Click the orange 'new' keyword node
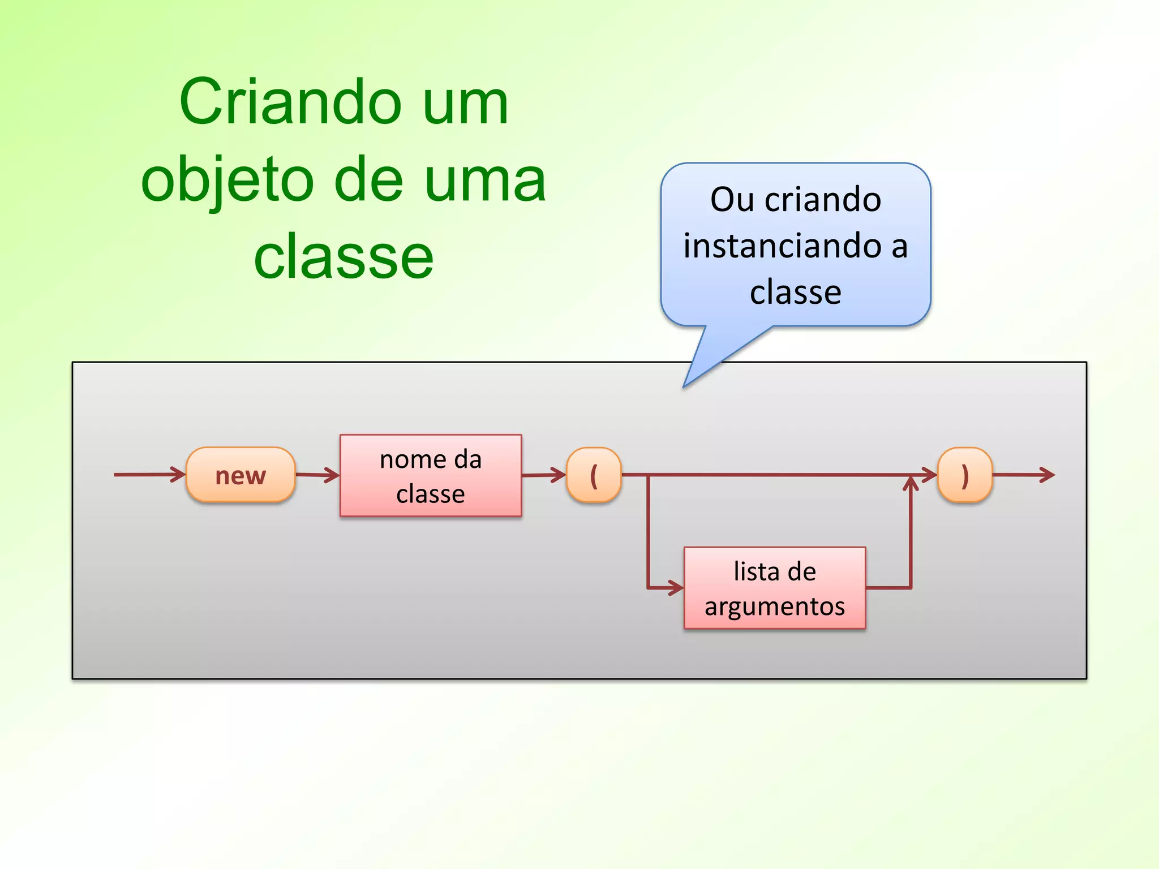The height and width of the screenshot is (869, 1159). pyautogui.click(x=241, y=475)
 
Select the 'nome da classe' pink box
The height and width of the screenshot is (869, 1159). pyautogui.click(x=431, y=476)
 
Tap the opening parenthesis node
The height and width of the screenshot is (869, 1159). pyautogui.click(x=594, y=475)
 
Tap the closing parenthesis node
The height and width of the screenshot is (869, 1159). pyautogui.click(x=965, y=475)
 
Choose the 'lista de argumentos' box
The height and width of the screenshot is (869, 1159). pyautogui.click(x=775, y=588)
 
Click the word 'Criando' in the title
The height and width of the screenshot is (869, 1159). pyautogui.click(x=289, y=103)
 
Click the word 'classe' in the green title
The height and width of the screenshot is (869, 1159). pyautogui.click(x=344, y=257)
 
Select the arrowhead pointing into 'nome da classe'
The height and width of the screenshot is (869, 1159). pyautogui.click(x=333, y=475)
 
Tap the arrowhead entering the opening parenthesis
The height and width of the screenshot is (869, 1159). pyautogui.click(x=560, y=475)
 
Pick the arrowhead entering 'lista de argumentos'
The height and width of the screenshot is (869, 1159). pyautogui.click(x=677, y=588)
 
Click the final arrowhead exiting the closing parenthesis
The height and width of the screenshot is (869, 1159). pyautogui.click(x=1048, y=475)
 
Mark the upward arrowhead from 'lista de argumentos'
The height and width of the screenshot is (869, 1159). pyautogui.click(x=911, y=483)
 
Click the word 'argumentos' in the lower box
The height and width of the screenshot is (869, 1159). pyautogui.click(x=775, y=606)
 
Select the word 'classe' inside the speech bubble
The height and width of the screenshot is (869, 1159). pyautogui.click(x=795, y=292)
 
